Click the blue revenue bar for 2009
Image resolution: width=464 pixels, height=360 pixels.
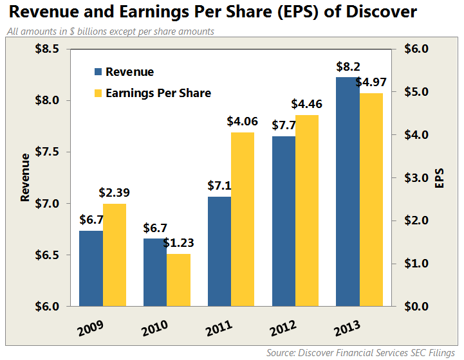(x=91, y=268)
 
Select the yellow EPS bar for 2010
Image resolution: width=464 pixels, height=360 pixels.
(x=178, y=280)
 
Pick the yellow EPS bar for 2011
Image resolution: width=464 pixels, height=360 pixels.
(x=243, y=219)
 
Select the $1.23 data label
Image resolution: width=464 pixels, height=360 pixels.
(x=178, y=243)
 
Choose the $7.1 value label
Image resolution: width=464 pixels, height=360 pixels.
(x=219, y=186)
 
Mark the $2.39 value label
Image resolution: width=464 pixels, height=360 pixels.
(x=115, y=192)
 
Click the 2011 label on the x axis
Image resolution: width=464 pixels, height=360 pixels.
(x=219, y=330)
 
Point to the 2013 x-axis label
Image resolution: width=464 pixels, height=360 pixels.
(x=348, y=330)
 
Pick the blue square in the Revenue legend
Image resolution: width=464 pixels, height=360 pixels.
(x=98, y=72)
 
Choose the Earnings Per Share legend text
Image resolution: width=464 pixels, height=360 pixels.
(x=158, y=93)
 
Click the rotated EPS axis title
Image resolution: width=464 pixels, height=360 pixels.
(x=440, y=178)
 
